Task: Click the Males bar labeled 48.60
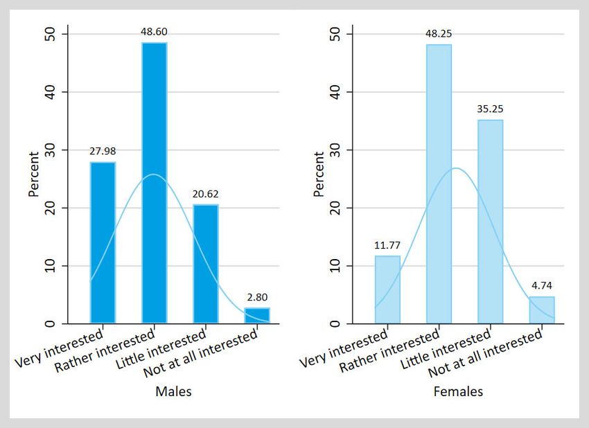point(154,183)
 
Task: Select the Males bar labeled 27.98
point(103,242)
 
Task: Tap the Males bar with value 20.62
point(205,264)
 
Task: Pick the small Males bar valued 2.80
point(256,315)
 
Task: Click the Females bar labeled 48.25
point(439,184)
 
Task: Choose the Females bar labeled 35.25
point(490,222)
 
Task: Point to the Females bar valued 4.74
point(541,310)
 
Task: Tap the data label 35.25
point(490,108)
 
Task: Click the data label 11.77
point(387,244)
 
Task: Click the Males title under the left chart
point(173,391)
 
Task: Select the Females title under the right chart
point(458,392)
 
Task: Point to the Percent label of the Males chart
point(34,178)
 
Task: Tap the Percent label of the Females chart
point(319,178)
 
